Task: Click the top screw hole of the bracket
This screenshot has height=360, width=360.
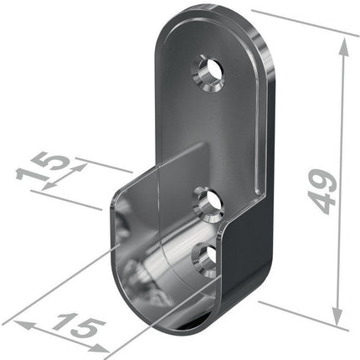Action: [x=209, y=75]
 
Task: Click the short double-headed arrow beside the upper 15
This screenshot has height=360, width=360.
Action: [x=72, y=176]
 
